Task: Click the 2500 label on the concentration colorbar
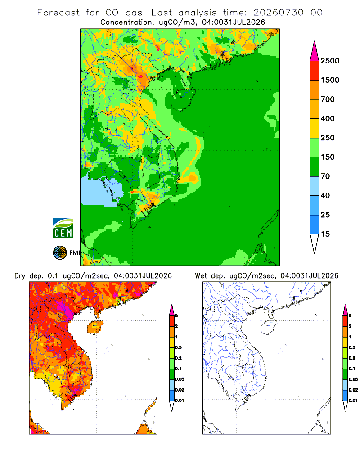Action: tap(330, 61)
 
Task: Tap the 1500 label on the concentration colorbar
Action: tap(330, 80)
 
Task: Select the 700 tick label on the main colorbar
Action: tap(328, 99)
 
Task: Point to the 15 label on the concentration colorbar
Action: tap(325, 234)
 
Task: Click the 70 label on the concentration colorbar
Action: tap(325, 176)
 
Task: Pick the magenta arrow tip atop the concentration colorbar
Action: tap(315, 51)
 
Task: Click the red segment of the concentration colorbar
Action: tap(315, 71)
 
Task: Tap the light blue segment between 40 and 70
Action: tap(315, 186)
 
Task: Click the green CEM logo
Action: tap(63, 229)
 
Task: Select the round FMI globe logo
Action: tap(60, 253)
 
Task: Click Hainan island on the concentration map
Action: tap(183, 99)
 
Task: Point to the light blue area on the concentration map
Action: tap(100, 192)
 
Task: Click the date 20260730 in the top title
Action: tap(278, 13)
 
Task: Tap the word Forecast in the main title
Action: tap(58, 13)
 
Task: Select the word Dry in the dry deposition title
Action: tap(20, 276)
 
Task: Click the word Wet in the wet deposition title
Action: tap(201, 276)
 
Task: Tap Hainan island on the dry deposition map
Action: tap(95, 327)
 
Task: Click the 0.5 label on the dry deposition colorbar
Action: tap(178, 347)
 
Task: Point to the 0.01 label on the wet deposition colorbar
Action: tap(353, 400)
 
